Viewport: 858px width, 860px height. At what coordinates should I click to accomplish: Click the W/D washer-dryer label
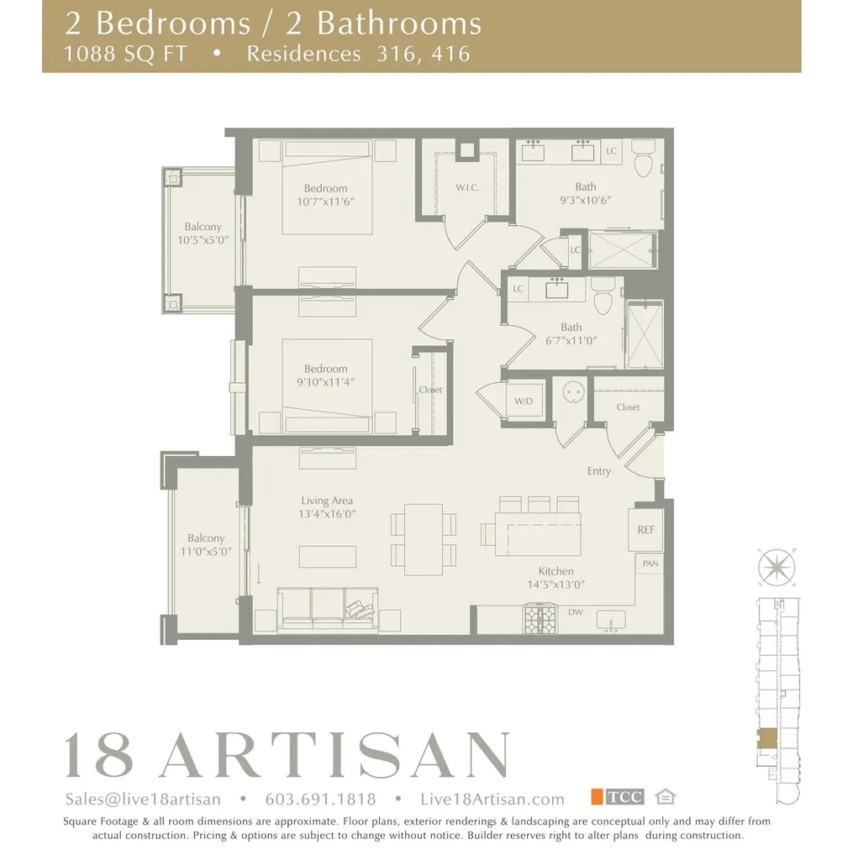pyautogui.click(x=524, y=401)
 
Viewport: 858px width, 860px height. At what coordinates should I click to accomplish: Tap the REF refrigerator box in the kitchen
pyautogui.click(x=645, y=529)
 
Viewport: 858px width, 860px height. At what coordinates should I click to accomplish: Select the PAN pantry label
pyautogui.click(x=650, y=564)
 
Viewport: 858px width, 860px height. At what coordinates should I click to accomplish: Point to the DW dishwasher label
pyautogui.click(x=576, y=612)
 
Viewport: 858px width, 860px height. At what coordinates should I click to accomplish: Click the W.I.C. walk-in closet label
pyautogui.click(x=467, y=187)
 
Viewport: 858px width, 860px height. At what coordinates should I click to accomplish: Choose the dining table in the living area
pyautogui.click(x=424, y=538)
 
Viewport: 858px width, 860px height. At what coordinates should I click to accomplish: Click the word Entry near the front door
pyautogui.click(x=599, y=471)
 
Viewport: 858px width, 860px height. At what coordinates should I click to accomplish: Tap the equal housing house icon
pyautogui.click(x=666, y=797)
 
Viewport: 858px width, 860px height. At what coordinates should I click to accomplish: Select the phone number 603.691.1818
pyautogui.click(x=320, y=799)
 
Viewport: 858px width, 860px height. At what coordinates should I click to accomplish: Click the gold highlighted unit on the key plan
pyautogui.click(x=766, y=738)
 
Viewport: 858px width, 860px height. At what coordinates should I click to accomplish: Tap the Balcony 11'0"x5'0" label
pyautogui.click(x=206, y=545)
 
